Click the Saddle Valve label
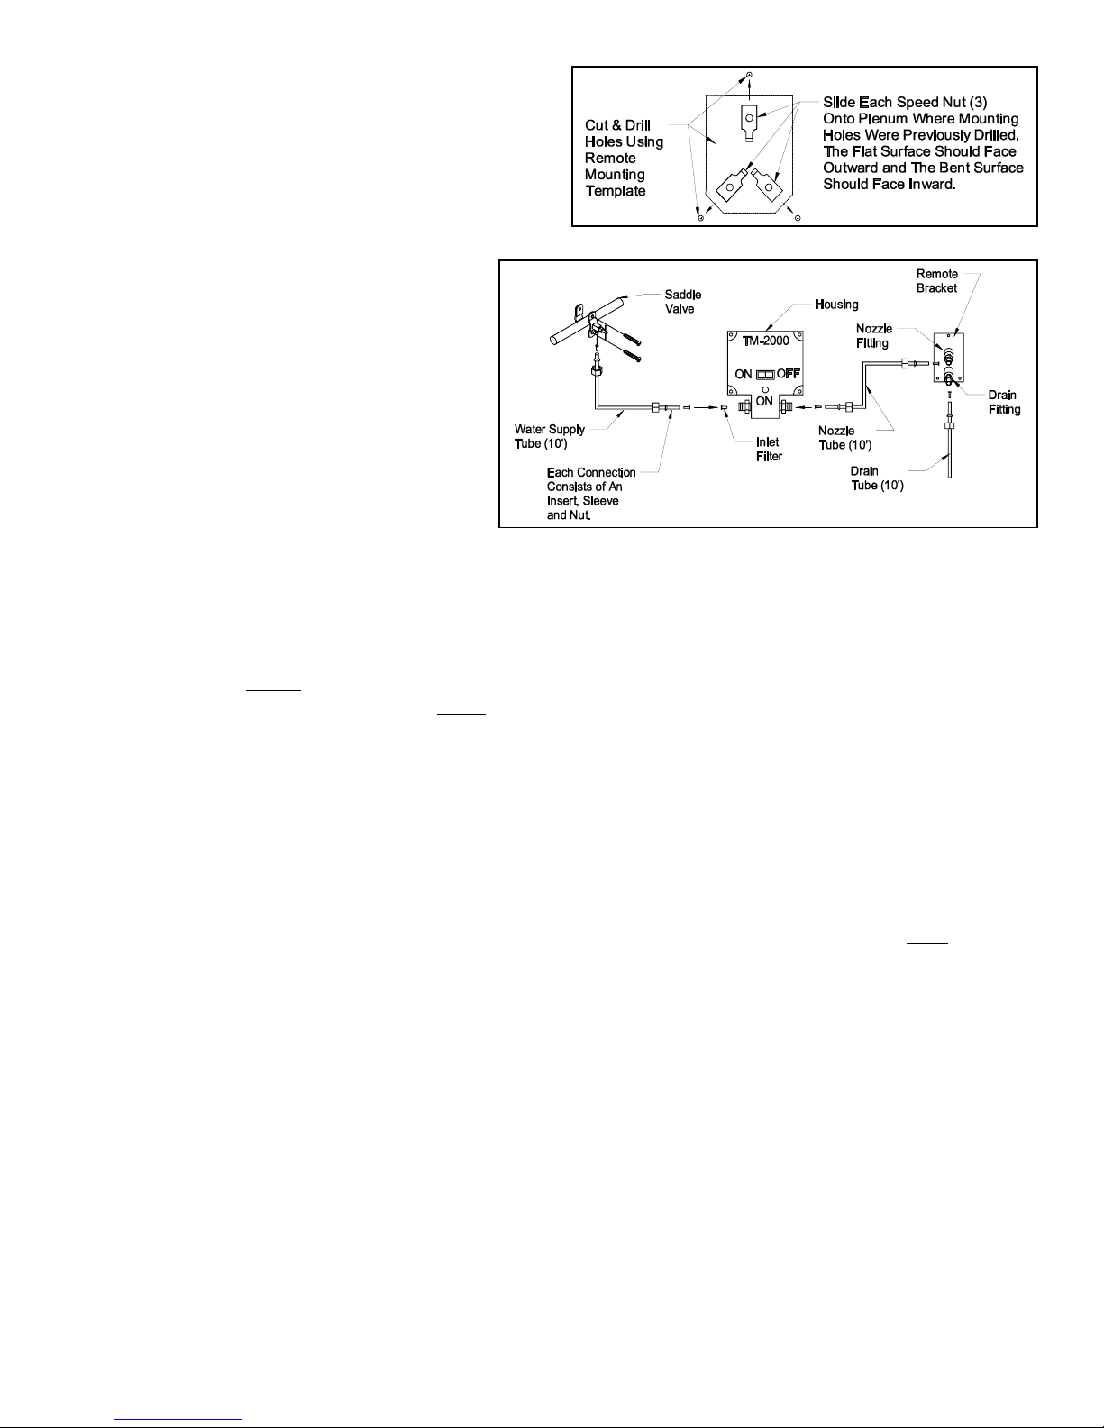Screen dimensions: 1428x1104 coord(683,301)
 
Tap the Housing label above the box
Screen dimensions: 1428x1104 coord(836,305)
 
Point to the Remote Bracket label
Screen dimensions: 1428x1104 coord(936,281)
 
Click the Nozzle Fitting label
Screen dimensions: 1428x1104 coord(873,336)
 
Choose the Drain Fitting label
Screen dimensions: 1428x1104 coord(1004,403)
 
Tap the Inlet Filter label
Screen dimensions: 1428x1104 coord(768,450)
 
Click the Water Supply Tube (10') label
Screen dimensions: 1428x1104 coord(549,436)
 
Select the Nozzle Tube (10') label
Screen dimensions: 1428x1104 coord(844,438)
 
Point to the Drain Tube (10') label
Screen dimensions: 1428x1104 coord(877,478)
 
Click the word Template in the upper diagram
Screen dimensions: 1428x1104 coord(616,191)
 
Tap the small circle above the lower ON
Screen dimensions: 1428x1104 coord(764,389)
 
